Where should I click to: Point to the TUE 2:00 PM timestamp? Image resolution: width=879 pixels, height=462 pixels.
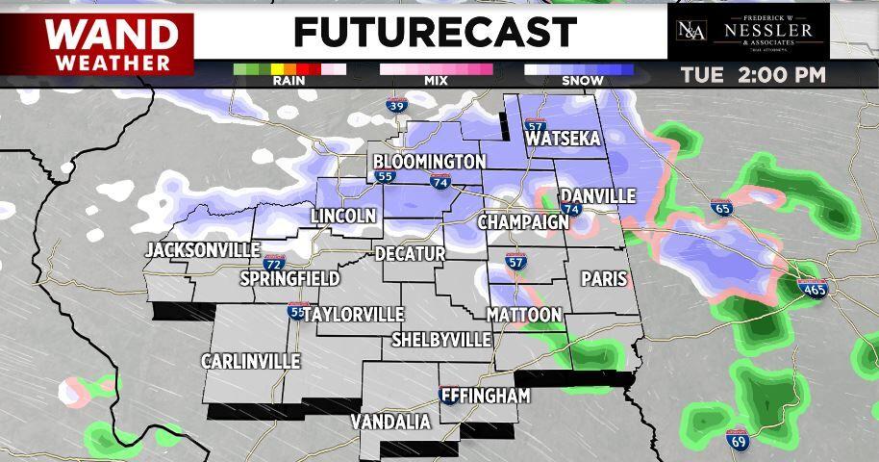click(753, 75)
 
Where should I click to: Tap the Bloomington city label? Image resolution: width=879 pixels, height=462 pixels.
click(428, 160)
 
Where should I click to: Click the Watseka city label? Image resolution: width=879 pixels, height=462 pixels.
click(564, 140)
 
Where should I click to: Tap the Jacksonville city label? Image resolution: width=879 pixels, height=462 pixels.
click(203, 250)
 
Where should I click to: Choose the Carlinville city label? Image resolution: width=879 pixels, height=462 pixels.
click(250, 361)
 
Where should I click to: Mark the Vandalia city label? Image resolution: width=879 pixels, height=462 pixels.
click(390, 422)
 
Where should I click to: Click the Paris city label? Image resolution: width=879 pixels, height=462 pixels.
click(604, 278)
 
